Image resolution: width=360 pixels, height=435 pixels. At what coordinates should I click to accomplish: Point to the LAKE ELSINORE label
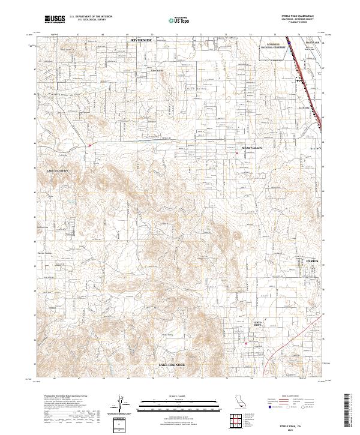tap(171, 365)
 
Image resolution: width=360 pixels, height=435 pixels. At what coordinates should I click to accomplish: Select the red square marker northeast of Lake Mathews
tap(89, 145)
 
